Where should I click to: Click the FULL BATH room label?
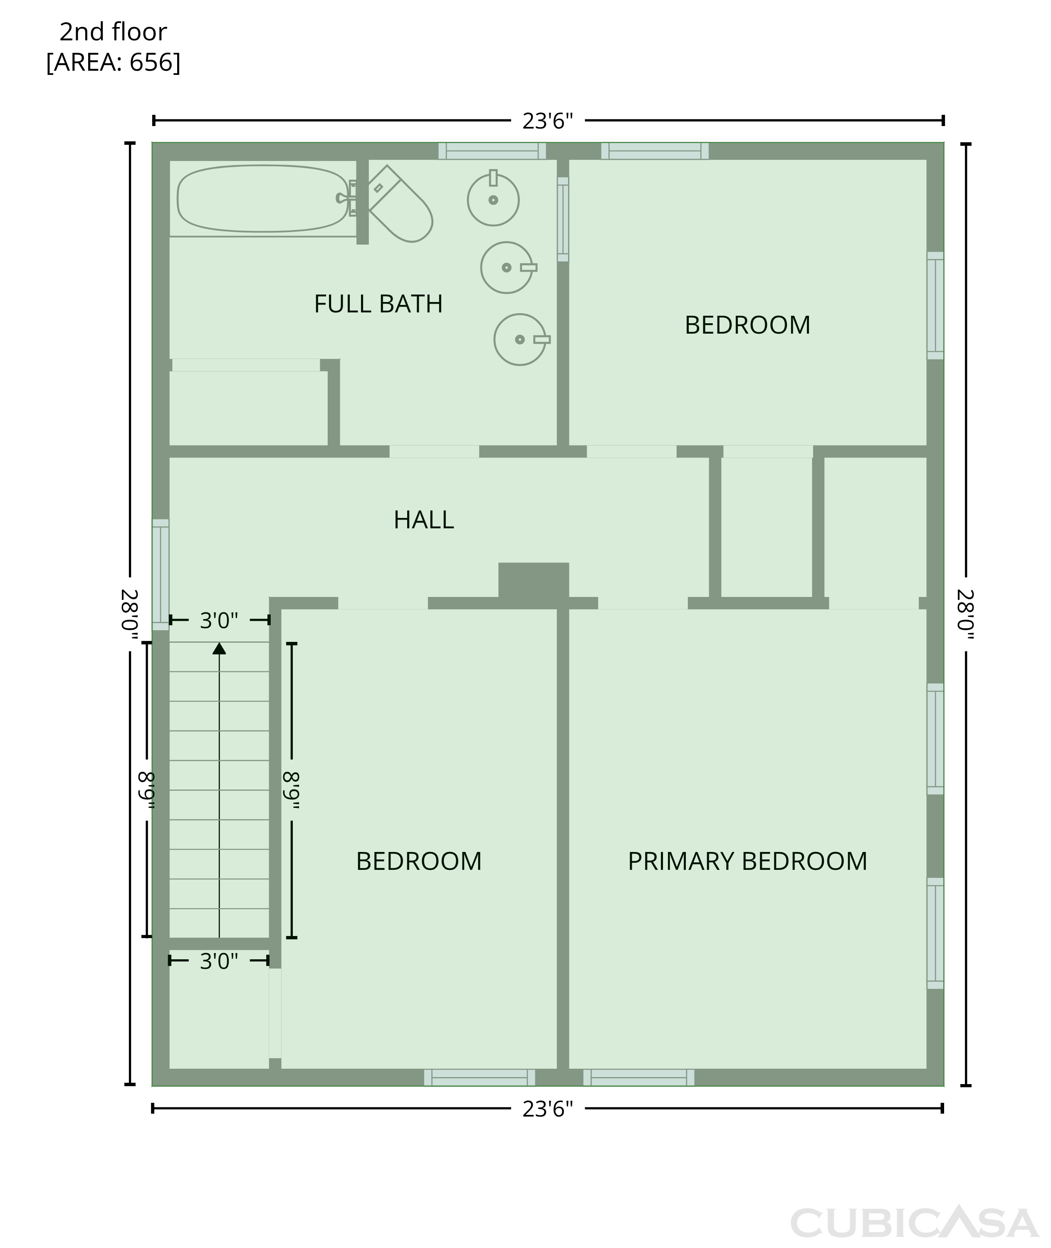(378, 304)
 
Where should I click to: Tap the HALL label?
(424, 520)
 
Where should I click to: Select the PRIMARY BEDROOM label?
(748, 861)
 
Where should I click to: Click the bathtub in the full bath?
(263, 198)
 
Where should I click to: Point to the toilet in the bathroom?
(400, 204)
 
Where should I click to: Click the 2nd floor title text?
(113, 32)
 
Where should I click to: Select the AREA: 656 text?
(113, 62)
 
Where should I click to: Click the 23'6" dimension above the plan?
(548, 121)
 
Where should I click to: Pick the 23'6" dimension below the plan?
(548, 1109)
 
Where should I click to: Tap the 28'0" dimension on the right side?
(966, 614)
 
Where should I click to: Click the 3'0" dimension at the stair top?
(219, 620)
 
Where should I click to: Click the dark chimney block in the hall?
(534, 580)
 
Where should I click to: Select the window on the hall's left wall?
(161, 574)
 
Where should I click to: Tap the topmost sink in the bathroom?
(493, 198)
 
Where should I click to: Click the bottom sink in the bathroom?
(521, 340)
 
